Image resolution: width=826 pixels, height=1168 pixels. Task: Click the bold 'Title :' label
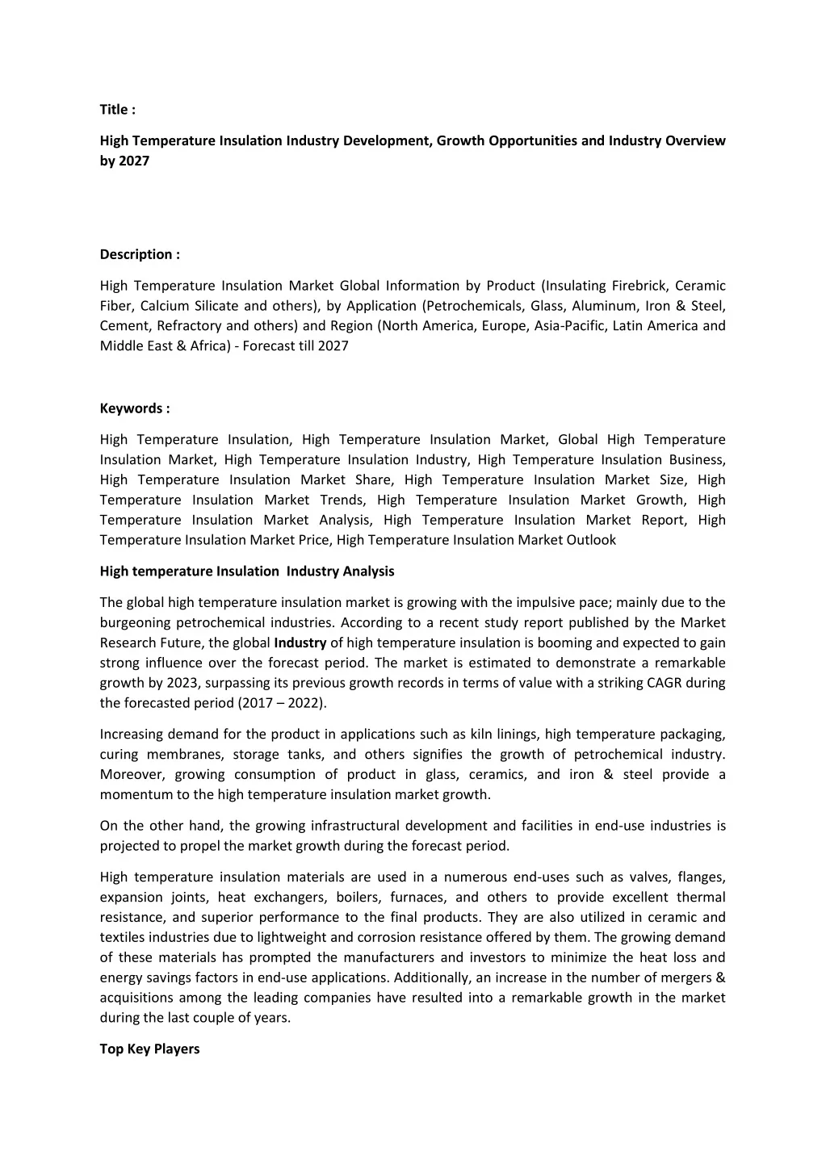click(118, 110)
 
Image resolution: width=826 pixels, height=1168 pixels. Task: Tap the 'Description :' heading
click(140, 254)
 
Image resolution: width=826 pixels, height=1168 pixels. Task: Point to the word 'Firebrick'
click(638, 286)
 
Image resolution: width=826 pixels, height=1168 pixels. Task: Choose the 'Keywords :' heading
click(135, 408)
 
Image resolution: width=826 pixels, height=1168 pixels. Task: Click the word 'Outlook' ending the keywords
click(591, 540)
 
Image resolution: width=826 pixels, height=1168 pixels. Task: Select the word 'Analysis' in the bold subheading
click(368, 571)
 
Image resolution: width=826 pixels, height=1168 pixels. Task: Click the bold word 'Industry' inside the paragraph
click(300, 643)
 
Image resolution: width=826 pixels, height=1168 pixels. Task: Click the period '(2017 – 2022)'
click(282, 703)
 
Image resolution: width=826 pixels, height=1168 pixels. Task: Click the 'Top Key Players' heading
click(149, 1049)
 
